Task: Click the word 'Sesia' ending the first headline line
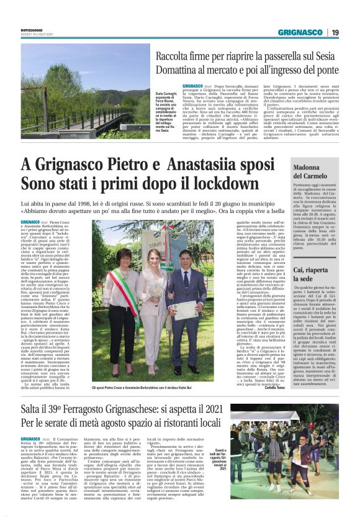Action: [327, 57]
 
